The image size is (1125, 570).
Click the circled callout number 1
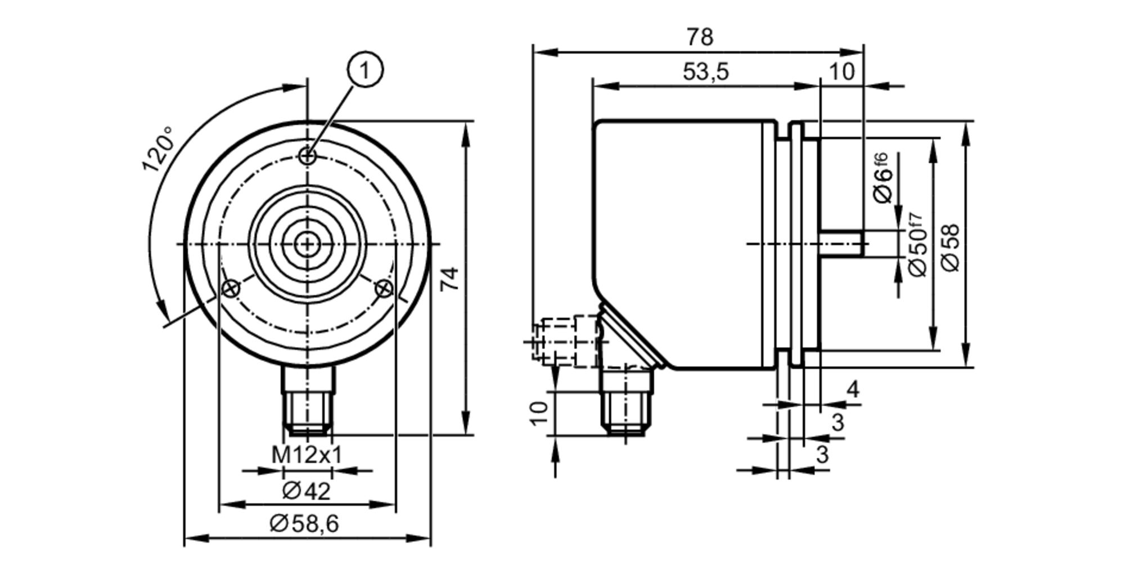click(x=365, y=71)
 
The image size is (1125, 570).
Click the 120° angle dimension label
click(x=158, y=149)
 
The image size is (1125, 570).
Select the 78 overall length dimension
click(x=699, y=38)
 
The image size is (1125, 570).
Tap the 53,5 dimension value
click(x=705, y=72)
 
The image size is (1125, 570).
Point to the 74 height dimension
click(x=449, y=278)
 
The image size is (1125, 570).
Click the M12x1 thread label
click(x=307, y=455)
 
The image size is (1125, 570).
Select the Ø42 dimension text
click(x=307, y=491)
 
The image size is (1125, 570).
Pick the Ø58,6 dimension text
click(x=304, y=524)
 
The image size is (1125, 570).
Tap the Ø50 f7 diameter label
click(x=917, y=245)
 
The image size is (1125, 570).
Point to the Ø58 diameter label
click(x=951, y=248)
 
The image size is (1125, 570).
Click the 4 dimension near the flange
click(x=853, y=389)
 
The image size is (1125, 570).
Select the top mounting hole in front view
click(x=308, y=156)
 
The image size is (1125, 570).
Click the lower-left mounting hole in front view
click(x=231, y=289)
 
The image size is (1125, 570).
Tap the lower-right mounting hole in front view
click(x=384, y=289)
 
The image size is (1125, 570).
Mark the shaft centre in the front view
click(x=307, y=244)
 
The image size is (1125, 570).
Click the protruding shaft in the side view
click(x=841, y=244)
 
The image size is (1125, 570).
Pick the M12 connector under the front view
click(x=307, y=400)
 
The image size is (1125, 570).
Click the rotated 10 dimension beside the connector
click(x=539, y=414)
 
